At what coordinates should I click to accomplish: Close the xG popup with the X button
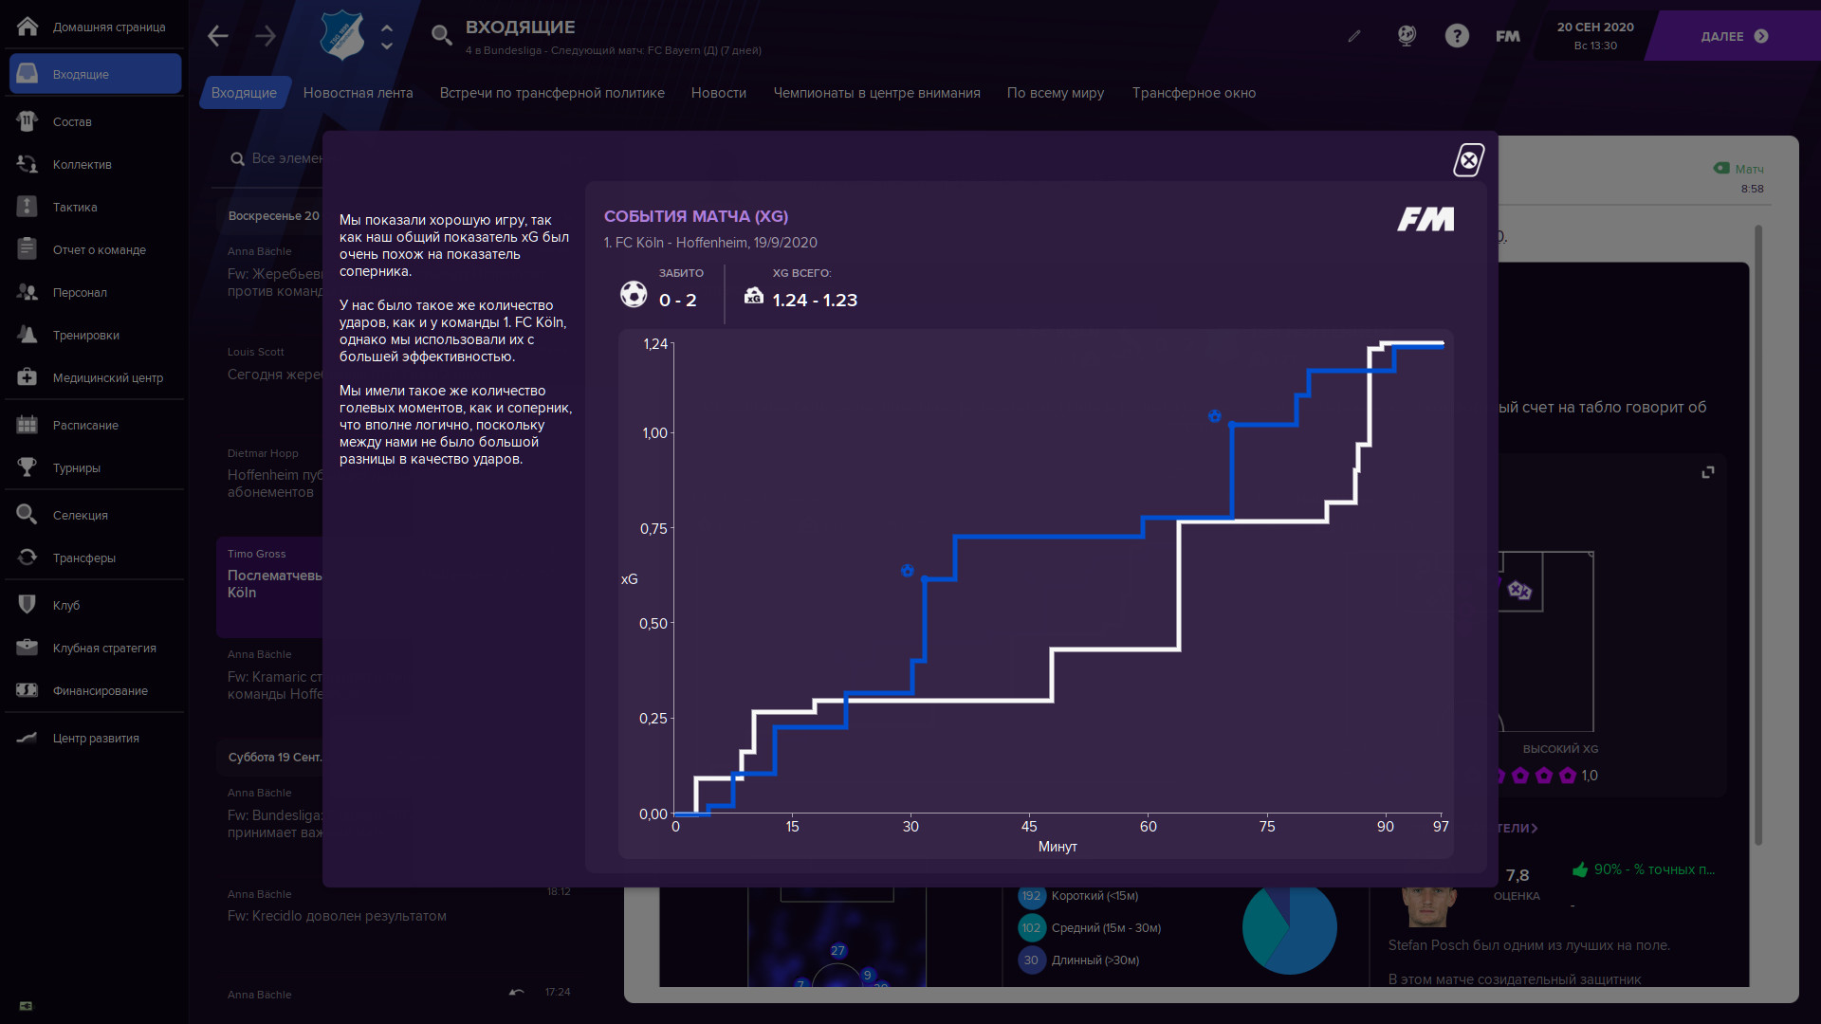[x=1469, y=160]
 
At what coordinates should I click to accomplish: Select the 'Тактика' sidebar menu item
[x=75, y=207]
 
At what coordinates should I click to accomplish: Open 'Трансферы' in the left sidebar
[x=83, y=558]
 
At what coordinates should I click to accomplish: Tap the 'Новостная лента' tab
[x=358, y=93]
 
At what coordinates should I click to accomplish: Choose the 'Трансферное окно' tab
[x=1193, y=93]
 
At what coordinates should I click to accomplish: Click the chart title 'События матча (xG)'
[x=695, y=216]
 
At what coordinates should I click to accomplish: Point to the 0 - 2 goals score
[x=677, y=301]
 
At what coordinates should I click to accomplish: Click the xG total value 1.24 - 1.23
[x=815, y=301]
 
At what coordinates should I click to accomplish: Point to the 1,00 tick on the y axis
[x=654, y=433]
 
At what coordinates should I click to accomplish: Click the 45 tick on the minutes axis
[x=1029, y=827]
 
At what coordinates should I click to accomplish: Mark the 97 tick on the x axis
[x=1441, y=827]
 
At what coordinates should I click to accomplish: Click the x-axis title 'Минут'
[x=1058, y=847]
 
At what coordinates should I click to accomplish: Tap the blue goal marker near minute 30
[x=908, y=571]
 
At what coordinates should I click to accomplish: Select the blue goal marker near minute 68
[x=1214, y=416]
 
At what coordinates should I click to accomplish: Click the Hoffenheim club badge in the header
[x=342, y=36]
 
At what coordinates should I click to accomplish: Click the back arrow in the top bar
[x=218, y=36]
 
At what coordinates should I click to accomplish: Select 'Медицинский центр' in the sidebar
[x=107, y=377]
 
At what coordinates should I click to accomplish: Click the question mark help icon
[x=1457, y=36]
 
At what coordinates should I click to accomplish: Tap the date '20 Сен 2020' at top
[x=1595, y=27]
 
